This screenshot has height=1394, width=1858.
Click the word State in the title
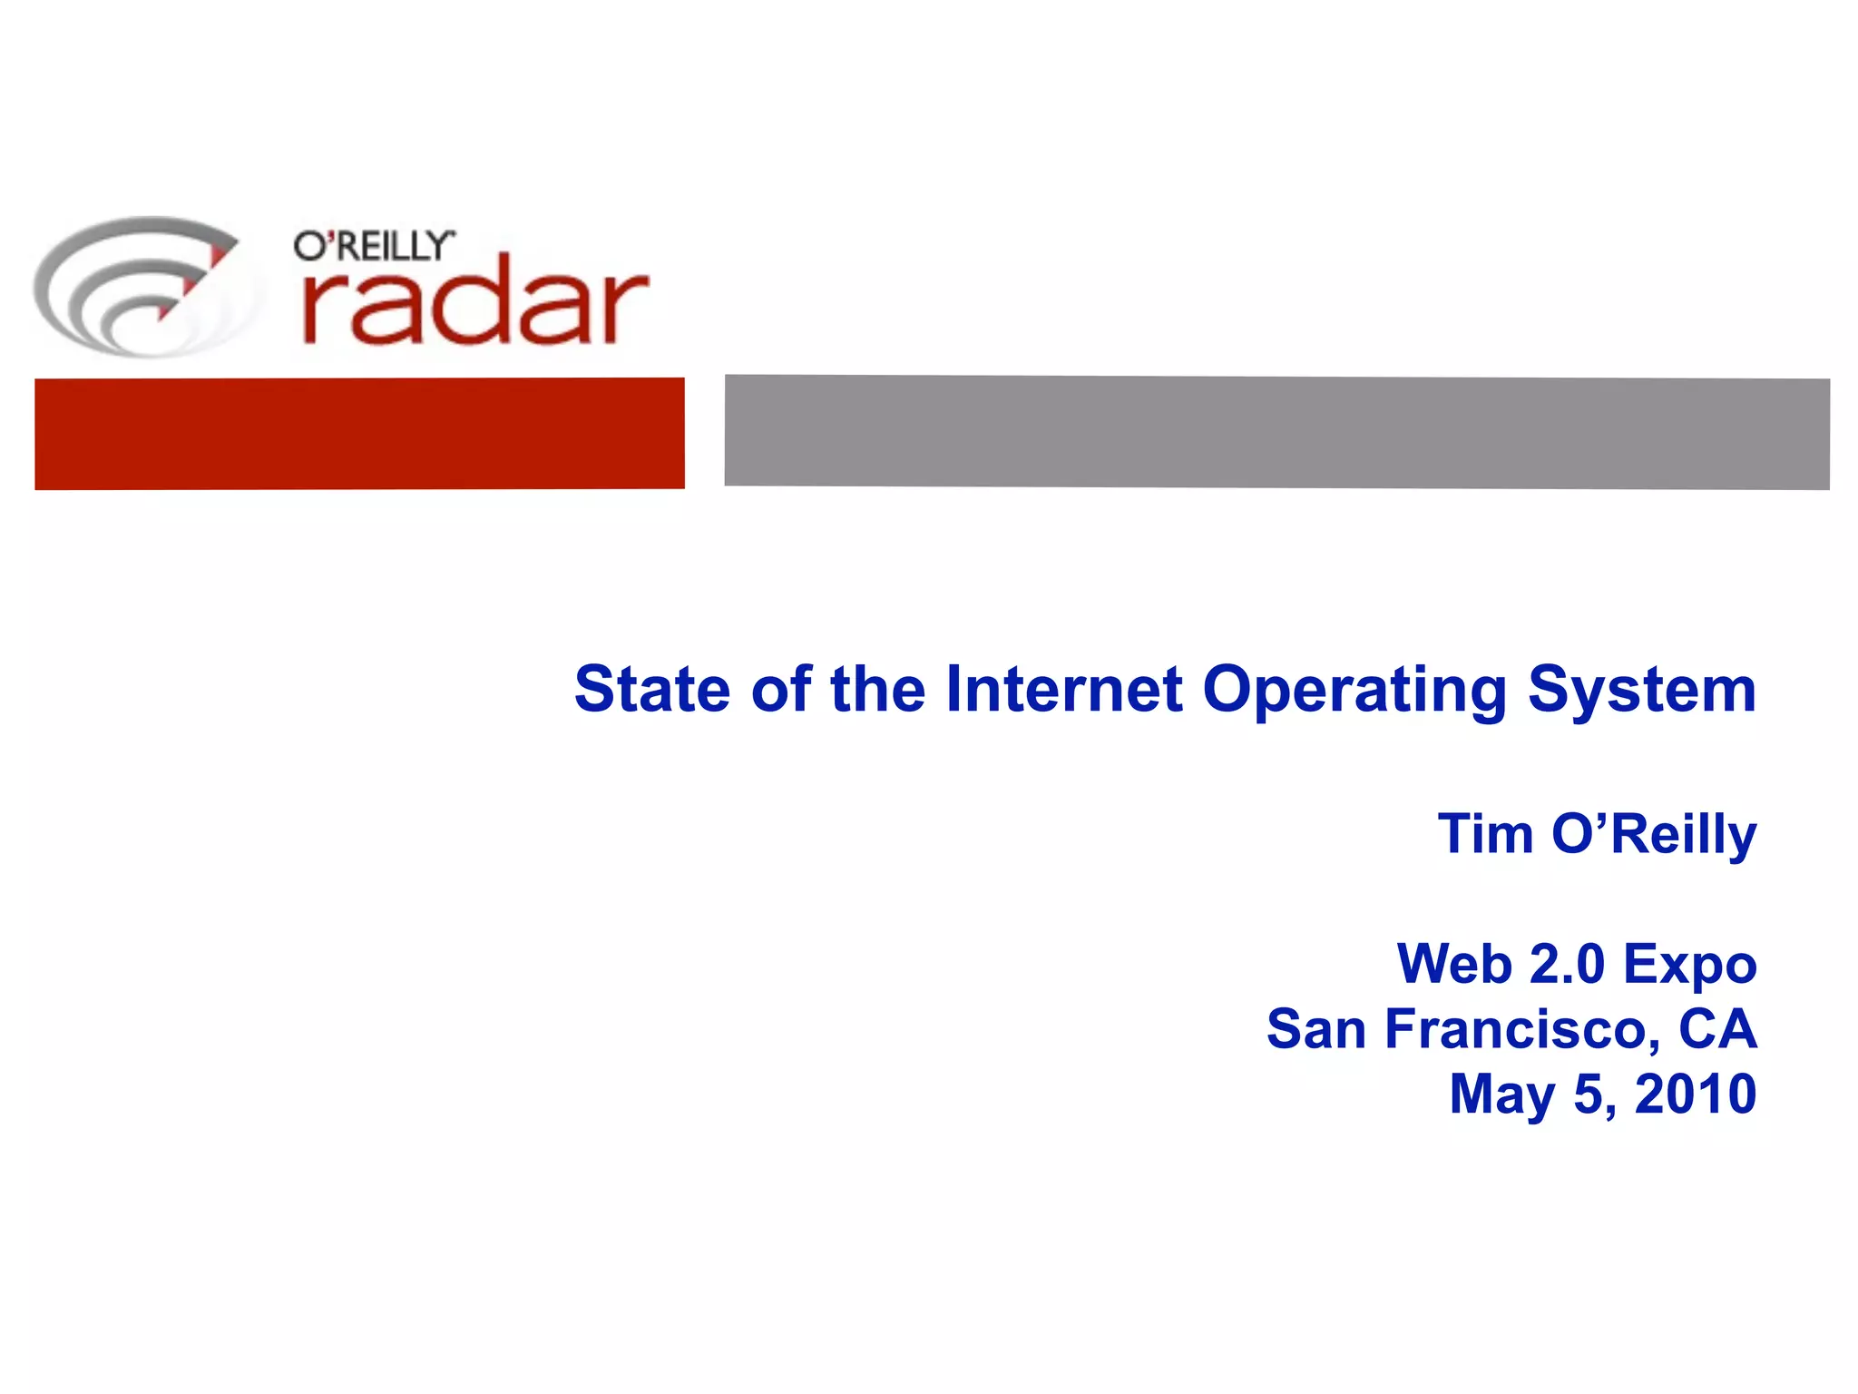point(652,689)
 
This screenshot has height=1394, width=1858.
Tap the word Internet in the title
point(1063,689)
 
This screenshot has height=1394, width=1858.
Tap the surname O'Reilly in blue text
point(1654,835)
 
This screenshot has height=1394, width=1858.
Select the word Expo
point(1689,966)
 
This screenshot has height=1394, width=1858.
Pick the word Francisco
point(1523,1029)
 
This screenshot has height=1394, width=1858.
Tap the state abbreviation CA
point(1717,1029)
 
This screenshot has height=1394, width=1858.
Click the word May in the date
point(1501,1095)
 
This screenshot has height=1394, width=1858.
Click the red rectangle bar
point(359,434)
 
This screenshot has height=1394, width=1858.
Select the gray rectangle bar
point(1276,432)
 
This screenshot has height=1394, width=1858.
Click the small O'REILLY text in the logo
point(373,246)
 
